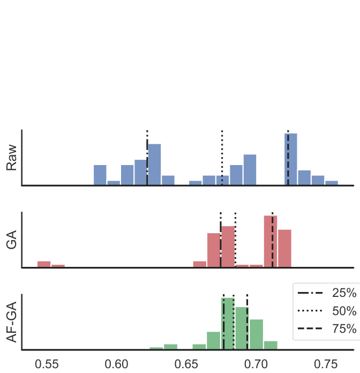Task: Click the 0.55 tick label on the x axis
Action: pos(47,363)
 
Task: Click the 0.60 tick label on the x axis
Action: pos(117,363)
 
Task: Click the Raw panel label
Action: pos(12,158)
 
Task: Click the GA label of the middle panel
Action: pos(12,240)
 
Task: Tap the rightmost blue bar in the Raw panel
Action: pos(332,183)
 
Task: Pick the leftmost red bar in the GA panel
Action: pos(44,264)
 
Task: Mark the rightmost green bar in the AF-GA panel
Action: pos(271,345)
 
